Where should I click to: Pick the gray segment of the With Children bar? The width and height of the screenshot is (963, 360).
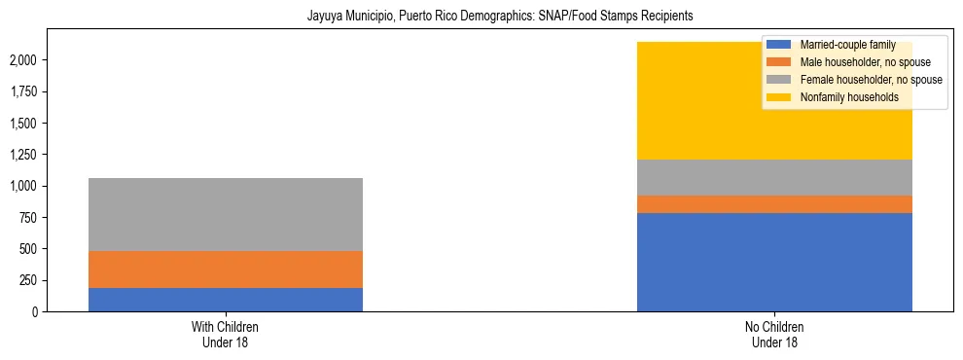pyautogui.click(x=226, y=214)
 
